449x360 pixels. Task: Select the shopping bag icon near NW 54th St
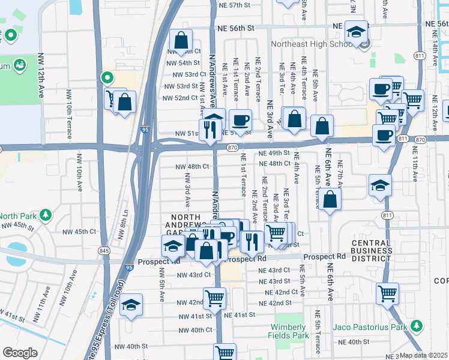click(181, 41)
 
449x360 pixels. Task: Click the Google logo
click(20, 353)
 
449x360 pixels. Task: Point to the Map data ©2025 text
click(423, 355)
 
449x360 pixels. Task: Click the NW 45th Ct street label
click(80, 231)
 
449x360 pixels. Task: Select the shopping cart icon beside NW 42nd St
click(214, 298)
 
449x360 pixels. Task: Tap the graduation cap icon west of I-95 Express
click(131, 305)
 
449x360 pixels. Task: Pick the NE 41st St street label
click(240, 314)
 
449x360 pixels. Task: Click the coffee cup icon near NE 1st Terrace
click(240, 121)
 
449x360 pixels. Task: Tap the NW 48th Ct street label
click(192, 167)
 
